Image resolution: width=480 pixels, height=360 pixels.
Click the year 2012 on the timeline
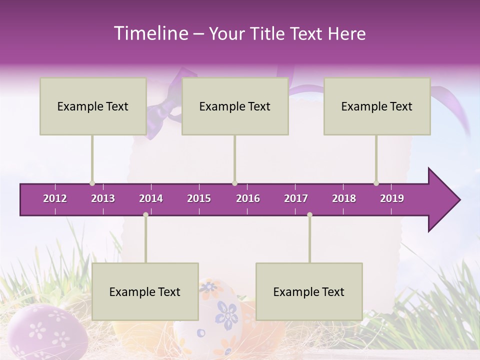(55, 198)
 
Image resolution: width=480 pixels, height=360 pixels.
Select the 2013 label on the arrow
(103, 198)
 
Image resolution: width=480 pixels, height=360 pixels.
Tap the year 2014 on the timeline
(151, 198)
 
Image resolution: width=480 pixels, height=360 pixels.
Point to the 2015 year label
(199, 198)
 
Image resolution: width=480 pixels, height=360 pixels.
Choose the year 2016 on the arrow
(248, 198)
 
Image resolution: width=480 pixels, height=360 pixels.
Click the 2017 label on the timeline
(296, 198)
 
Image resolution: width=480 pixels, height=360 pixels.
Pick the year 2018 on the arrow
(344, 198)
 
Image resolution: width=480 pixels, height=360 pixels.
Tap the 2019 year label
(392, 198)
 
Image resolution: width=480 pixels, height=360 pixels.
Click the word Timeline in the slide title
(150, 33)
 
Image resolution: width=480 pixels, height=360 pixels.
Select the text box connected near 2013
(93, 106)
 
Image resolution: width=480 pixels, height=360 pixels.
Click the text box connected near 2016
(235, 106)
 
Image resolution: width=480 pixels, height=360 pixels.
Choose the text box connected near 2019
(377, 106)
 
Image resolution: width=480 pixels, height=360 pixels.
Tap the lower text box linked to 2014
(145, 291)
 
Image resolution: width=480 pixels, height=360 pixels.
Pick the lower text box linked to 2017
(309, 291)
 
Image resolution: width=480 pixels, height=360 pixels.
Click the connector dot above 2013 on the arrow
(92, 183)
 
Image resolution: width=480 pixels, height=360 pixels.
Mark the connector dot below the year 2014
(145, 214)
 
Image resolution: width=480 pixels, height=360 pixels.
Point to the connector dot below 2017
(309, 214)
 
